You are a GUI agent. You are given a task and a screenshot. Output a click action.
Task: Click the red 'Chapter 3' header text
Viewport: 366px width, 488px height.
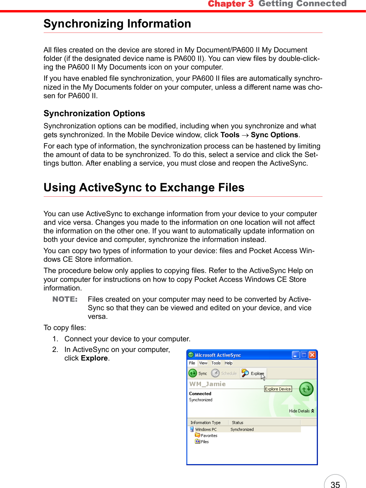coord(231,4)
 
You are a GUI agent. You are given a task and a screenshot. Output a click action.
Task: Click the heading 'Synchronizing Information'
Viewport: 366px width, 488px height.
coord(117,24)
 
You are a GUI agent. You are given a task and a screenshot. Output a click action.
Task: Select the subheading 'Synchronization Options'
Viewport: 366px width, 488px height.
coord(94,114)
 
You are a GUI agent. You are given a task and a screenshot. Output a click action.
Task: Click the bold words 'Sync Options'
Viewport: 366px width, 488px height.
coord(274,135)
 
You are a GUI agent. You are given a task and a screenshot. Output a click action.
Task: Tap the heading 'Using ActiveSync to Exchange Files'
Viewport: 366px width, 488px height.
coord(144,188)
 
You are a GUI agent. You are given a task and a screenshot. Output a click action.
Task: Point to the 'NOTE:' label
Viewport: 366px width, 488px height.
coord(65,299)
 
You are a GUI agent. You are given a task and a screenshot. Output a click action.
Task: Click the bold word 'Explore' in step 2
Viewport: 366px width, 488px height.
coord(94,358)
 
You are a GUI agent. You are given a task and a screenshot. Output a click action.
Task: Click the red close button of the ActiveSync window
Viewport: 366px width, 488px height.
coord(312,355)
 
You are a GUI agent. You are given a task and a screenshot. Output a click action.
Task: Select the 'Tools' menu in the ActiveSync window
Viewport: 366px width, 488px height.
coord(216,363)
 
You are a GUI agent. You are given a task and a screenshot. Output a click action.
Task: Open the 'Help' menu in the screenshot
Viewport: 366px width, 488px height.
coord(228,363)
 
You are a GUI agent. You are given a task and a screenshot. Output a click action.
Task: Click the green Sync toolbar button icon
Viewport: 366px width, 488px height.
coord(193,373)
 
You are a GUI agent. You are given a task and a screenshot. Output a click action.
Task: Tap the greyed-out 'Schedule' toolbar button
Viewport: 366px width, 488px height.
coord(224,374)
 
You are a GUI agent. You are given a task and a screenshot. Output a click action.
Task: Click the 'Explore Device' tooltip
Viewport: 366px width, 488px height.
coord(278,389)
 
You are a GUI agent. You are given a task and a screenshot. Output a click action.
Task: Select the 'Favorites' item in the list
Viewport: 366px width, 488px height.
coord(209,436)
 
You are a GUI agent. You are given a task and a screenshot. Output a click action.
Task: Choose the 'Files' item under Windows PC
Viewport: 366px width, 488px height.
coord(205,442)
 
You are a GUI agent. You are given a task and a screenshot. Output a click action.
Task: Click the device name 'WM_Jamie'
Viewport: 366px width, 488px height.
coord(207,384)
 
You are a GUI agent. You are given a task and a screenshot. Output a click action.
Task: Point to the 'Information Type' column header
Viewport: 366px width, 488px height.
coord(205,423)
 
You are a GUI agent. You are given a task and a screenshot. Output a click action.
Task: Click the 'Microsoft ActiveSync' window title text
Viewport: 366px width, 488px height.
coord(218,355)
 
